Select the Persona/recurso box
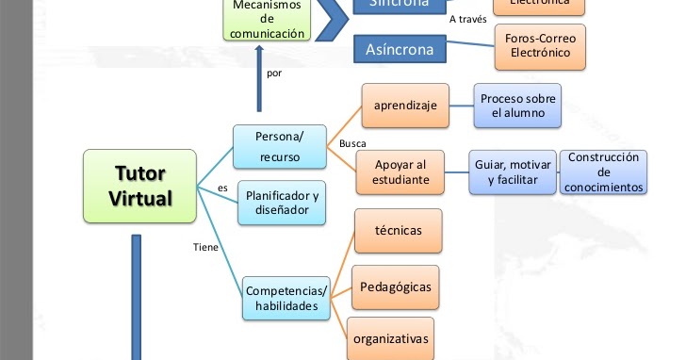(279, 145)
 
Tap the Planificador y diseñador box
(282, 203)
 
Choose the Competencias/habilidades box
(286, 298)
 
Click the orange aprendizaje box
(404, 106)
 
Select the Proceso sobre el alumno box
(517, 106)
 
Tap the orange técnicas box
(397, 230)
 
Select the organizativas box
(390, 337)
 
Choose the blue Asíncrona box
(400, 48)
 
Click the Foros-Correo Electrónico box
(541, 46)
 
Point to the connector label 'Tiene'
(205, 248)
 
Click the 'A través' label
(468, 18)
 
